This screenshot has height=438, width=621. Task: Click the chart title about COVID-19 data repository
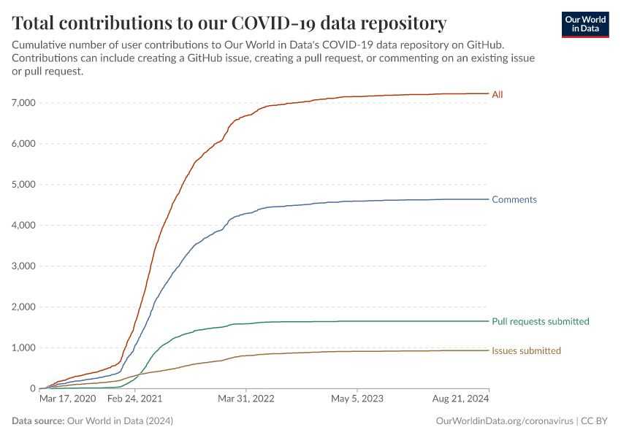click(x=229, y=23)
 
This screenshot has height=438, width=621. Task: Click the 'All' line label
click(x=498, y=94)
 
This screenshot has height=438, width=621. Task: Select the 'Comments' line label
click(x=514, y=199)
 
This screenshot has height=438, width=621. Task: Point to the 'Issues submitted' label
click(x=526, y=350)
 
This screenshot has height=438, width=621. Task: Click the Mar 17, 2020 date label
click(x=66, y=399)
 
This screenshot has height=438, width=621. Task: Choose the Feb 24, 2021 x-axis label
click(x=134, y=399)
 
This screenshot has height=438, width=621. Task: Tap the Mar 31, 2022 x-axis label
click(x=245, y=399)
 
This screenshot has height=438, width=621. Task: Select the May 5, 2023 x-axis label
click(x=357, y=399)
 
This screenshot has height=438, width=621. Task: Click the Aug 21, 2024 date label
click(x=460, y=399)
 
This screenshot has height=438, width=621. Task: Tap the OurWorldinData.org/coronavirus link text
click(x=503, y=421)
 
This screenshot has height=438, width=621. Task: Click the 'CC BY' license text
click(x=595, y=421)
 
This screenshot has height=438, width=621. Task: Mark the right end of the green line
click(x=488, y=321)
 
